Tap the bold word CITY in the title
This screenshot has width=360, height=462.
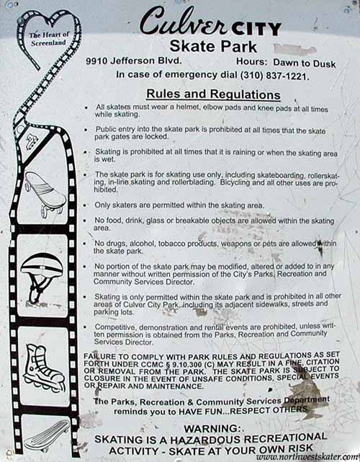pos(256,29)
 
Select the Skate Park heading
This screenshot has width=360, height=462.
pos(213,47)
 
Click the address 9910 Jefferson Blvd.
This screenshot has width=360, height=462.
pos(134,61)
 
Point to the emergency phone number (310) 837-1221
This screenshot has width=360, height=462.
pos(274,76)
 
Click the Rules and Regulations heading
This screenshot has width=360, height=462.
pos(213,94)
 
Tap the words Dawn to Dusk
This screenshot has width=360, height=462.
pos(305,63)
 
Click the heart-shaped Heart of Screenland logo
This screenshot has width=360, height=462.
pos(48,37)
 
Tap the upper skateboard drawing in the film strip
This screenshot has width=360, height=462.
pos(45,194)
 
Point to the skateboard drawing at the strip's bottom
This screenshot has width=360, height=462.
pos(47,436)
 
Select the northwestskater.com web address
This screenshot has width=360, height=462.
pos(307,457)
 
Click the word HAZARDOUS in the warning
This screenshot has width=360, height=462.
pos(206,440)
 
